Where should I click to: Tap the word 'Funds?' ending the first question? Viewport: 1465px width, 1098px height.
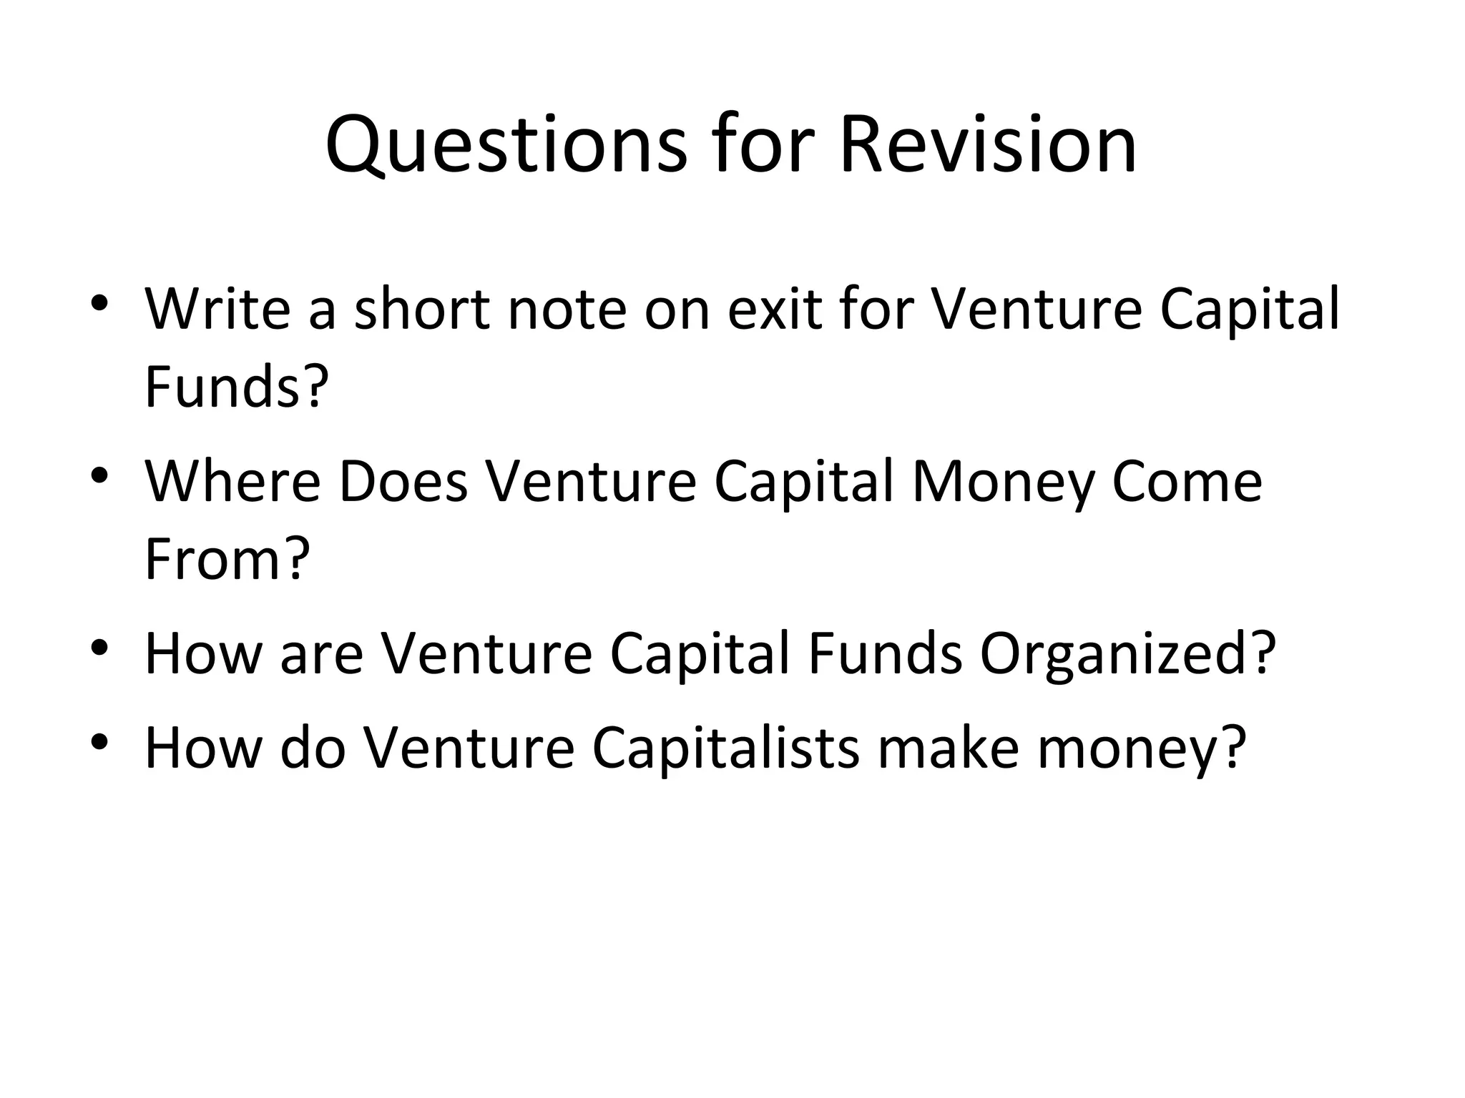(x=237, y=387)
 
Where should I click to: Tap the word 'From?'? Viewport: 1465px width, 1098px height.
(x=227, y=559)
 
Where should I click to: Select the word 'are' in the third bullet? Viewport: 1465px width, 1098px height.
(x=321, y=653)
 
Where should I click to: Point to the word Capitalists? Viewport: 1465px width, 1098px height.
(x=725, y=748)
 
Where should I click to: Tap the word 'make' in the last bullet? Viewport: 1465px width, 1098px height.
(x=948, y=748)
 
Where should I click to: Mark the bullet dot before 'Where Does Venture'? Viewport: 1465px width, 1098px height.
(x=99, y=475)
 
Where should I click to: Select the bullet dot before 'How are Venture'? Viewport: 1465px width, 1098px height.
(x=99, y=647)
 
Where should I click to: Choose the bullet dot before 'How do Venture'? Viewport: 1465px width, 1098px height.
(x=99, y=741)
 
